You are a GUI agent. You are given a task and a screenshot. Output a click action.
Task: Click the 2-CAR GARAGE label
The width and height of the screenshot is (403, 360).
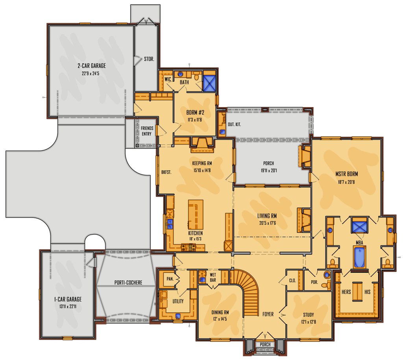(x=92, y=66)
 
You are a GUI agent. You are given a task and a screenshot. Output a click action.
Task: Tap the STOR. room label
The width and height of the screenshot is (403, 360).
(x=149, y=59)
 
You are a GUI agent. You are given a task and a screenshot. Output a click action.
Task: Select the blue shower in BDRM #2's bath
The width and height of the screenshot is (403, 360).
(x=209, y=83)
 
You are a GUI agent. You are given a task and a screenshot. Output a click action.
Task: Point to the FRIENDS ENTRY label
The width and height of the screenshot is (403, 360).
(x=147, y=131)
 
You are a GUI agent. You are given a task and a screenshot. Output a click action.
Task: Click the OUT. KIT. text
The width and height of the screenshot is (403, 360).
(x=235, y=124)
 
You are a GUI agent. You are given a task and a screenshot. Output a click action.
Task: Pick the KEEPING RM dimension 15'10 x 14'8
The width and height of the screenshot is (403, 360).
(x=202, y=170)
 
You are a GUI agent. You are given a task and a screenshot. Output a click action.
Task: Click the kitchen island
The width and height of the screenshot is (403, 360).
(x=196, y=214)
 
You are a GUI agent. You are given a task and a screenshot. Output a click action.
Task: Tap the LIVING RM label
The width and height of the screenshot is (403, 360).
(x=267, y=216)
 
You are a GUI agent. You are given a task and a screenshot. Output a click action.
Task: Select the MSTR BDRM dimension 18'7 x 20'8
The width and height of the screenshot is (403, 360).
(x=346, y=182)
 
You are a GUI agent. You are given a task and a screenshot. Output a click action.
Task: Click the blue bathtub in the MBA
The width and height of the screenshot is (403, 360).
(x=360, y=257)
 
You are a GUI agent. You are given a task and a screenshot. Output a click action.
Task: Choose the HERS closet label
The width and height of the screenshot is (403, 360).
(x=346, y=292)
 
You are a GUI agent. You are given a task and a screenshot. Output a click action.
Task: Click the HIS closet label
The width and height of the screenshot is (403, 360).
(x=368, y=292)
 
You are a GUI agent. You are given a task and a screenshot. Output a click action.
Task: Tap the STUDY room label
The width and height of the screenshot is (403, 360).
(x=309, y=315)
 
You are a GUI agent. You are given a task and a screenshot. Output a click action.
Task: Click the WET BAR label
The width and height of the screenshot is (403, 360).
(x=213, y=277)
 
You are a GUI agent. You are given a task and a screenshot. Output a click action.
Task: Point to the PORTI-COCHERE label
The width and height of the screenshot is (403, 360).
(x=128, y=282)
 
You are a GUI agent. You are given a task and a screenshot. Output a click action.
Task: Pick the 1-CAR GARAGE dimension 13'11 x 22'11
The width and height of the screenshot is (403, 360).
(x=67, y=306)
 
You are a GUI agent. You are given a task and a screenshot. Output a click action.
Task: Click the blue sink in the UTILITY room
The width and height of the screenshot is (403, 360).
(x=178, y=316)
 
